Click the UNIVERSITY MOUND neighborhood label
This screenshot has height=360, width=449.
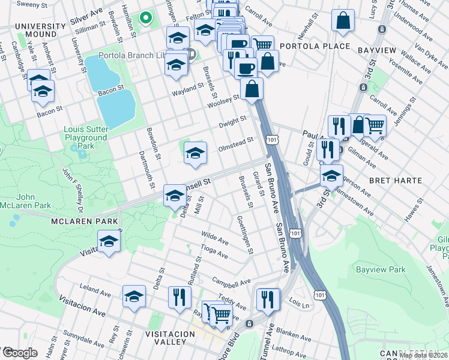[40, 31]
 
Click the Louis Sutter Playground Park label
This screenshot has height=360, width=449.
[86, 137]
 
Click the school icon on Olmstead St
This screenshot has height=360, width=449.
[195, 153]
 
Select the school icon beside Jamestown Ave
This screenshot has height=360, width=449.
[331, 176]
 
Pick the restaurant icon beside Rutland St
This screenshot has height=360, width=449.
[179, 297]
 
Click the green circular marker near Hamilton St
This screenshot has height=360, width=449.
[144, 17]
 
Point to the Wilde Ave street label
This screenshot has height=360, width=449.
[215, 238]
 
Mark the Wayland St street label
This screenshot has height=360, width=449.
[188, 89]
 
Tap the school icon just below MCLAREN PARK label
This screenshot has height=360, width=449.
[109, 242]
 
